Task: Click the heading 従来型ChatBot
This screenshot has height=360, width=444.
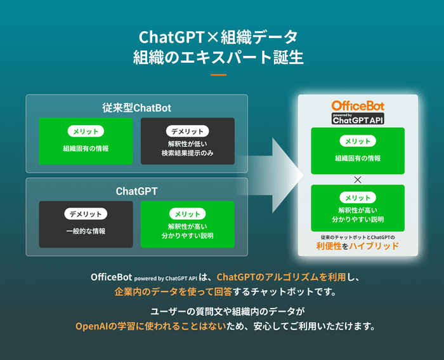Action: (136, 107)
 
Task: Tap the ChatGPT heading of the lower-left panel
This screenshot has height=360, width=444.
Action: (136, 190)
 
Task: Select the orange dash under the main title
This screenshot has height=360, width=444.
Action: (218, 75)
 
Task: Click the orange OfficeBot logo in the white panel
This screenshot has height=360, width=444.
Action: (358, 105)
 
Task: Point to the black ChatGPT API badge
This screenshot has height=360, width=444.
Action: (358, 119)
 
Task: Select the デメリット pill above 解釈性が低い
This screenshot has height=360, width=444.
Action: (187, 131)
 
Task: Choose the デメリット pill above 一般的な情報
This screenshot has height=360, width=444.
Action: (86, 214)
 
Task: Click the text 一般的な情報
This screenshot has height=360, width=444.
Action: (86, 231)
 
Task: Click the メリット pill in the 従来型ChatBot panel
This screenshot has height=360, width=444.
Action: (86, 131)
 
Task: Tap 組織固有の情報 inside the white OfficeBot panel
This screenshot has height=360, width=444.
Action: (358, 159)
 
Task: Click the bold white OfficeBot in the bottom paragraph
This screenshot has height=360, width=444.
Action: (111, 277)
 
